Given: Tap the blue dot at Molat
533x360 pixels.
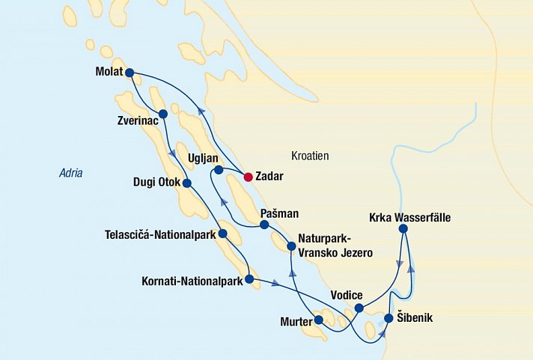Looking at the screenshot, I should coord(130,73).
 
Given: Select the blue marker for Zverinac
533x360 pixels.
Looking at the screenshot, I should coord(162,114).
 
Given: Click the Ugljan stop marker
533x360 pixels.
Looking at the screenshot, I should coord(219,171).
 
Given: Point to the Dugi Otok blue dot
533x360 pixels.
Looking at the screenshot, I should coord(187,183).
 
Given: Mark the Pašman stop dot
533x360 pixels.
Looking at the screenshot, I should coord(264,224).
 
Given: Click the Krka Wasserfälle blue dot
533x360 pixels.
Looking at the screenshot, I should coord(403,228).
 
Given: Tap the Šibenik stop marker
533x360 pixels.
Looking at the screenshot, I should coord(389,318).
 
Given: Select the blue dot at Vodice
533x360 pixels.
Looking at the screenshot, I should coord(359,308).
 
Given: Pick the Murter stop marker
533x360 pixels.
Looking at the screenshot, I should coord(319,320).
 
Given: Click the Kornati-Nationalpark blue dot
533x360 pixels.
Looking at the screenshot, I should coord(249,281).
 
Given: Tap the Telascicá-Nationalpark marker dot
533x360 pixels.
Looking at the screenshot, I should coord(222,234).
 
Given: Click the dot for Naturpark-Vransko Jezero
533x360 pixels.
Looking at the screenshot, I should coord(290,245).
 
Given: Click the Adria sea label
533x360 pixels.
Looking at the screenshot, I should coord(71,174).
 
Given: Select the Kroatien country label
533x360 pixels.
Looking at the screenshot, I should coord(310,156).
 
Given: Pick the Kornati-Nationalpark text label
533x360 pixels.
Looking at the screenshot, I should coord(192,282).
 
